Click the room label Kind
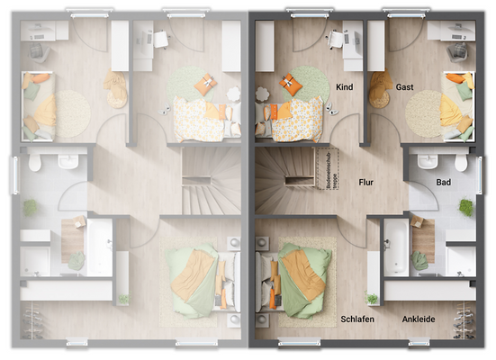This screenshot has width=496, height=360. [x=344, y=86]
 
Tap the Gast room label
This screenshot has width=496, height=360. [x=405, y=86]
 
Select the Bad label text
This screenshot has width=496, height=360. [x=444, y=182]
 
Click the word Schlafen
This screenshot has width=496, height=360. [x=359, y=319]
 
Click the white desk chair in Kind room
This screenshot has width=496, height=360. [x=337, y=39]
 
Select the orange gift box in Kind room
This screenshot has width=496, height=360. [x=291, y=85]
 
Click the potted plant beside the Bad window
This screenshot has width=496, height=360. [x=466, y=206]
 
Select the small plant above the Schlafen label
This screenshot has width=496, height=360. [x=372, y=299]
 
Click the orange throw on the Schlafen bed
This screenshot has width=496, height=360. [x=302, y=274]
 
